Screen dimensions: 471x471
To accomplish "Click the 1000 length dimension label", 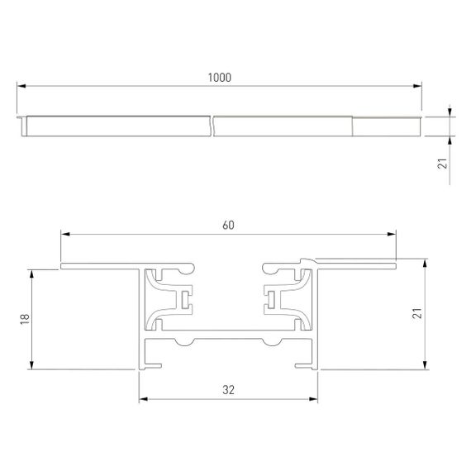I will pyautogui.click(x=220, y=77).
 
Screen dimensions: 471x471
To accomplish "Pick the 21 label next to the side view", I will pyautogui.click(x=443, y=165).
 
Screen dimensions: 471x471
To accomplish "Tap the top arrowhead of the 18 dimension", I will pyautogui.click(x=31, y=272).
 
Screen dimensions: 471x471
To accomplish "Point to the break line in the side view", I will pyautogui.click(x=212, y=126).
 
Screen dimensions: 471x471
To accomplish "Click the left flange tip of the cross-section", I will pyautogui.click(x=62, y=266).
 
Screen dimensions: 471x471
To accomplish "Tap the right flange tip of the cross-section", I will pyautogui.click(x=394, y=264).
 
